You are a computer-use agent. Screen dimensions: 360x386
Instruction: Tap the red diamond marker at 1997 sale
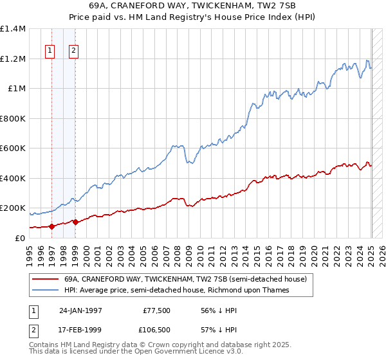click(x=51, y=226)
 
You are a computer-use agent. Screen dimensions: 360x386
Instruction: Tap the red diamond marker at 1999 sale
click(x=75, y=222)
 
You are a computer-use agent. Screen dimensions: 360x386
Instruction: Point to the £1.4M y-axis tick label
click(x=13, y=29)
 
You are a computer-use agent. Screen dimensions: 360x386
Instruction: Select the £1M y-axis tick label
click(x=16, y=89)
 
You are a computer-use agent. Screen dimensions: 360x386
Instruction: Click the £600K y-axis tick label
click(x=13, y=148)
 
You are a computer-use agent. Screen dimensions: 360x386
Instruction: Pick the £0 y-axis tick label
click(x=21, y=238)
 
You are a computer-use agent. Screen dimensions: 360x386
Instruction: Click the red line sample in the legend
click(x=44, y=280)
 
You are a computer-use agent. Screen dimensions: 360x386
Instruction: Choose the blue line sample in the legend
click(x=44, y=290)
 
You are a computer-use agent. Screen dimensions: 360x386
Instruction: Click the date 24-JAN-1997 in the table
click(x=80, y=310)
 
